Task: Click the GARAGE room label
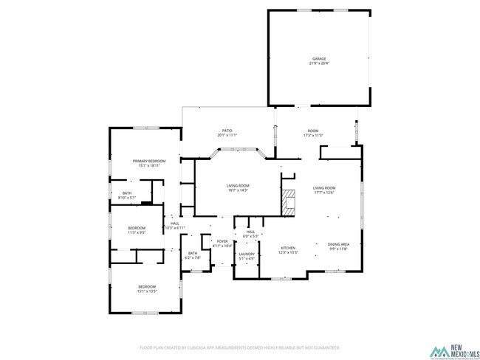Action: [x=318, y=61]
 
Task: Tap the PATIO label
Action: [x=227, y=133]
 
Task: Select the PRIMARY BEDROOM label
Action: [x=149, y=163]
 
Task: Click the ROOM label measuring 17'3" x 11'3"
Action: [x=314, y=133]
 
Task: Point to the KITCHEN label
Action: [x=288, y=250]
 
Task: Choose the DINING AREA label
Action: [x=338, y=246]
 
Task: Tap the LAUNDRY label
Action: [x=247, y=256]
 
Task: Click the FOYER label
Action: [x=222, y=243]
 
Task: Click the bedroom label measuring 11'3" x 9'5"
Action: [x=137, y=229]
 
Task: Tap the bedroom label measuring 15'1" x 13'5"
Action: [x=148, y=288]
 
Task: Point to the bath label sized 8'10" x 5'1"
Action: [x=127, y=195]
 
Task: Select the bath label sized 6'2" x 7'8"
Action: [x=192, y=255]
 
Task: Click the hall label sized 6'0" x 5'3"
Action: [x=250, y=234]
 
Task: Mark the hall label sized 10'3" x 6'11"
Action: [x=175, y=226]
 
